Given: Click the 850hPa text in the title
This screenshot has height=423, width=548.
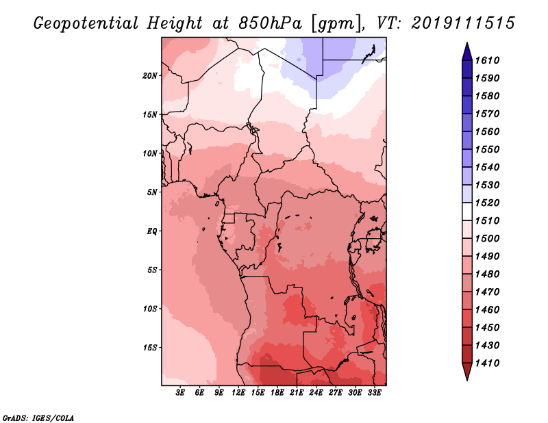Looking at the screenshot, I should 263,23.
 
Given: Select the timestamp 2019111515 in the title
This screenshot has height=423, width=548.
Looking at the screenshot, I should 464,23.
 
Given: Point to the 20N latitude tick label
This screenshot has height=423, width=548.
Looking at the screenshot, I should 150,76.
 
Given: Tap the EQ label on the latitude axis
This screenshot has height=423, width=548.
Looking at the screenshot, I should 152,231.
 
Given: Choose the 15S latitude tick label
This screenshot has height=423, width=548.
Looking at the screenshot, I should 150,348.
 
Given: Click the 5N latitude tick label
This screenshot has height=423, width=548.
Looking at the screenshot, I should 152,192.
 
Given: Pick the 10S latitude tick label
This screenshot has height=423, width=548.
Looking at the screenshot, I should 150,309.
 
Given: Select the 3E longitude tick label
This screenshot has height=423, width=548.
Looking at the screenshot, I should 181,392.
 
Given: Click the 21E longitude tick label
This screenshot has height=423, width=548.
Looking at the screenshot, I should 297,392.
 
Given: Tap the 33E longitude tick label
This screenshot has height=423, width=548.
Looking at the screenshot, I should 374,392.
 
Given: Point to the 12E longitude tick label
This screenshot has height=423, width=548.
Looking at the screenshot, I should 239,392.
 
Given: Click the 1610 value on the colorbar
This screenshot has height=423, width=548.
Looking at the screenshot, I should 490,61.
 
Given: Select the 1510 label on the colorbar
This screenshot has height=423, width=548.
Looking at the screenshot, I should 490,221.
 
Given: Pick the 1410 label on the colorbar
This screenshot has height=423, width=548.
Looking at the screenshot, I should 490,363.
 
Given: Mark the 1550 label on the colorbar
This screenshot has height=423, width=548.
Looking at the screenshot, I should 490,150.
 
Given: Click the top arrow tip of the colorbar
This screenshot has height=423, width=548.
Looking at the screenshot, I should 466,44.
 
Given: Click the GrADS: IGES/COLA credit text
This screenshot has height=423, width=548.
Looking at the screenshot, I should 38,417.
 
